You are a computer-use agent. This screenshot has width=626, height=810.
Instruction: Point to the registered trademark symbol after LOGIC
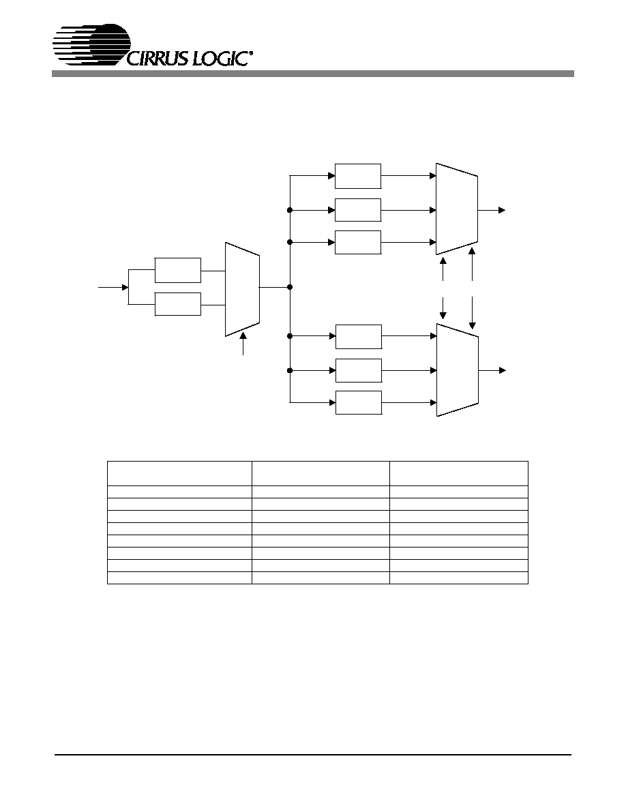[252, 52]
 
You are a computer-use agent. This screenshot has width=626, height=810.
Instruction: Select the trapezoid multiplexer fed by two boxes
[242, 289]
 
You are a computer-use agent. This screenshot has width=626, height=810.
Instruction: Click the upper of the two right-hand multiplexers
[457, 209]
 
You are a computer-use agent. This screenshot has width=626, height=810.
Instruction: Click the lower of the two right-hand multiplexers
[458, 370]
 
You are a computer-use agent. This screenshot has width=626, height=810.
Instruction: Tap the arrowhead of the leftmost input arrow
[125, 287]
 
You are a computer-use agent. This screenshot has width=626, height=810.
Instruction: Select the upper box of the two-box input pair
[178, 270]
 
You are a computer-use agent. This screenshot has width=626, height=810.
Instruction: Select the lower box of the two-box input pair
[178, 304]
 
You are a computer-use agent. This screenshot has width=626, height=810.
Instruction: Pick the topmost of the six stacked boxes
[358, 176]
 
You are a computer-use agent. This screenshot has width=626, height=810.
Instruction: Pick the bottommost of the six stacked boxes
[359, 402]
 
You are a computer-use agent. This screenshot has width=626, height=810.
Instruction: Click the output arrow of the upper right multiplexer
[491, 210]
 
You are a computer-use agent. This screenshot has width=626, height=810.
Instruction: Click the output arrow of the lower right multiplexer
[492, 370]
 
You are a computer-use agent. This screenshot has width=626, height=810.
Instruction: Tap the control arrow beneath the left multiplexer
[243, 344]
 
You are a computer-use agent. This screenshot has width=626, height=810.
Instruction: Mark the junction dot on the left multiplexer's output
[290, 287]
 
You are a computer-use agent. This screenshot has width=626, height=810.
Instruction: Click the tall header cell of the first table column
[179, 473]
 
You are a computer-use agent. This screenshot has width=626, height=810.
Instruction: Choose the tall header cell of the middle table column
[321, 473]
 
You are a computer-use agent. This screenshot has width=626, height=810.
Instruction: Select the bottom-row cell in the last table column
[459, 578]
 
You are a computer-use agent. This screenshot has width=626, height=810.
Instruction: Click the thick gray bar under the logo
[312, 74]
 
